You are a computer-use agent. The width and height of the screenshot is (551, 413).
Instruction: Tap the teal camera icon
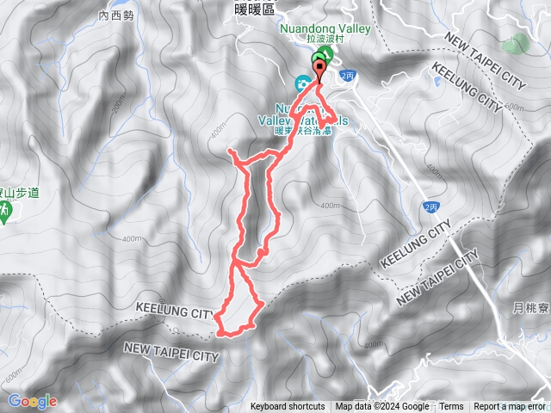303,83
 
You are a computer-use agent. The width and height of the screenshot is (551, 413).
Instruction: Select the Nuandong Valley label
325,28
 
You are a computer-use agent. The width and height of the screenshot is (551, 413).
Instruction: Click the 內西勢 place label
117,15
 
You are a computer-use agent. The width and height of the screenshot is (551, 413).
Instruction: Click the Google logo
32,401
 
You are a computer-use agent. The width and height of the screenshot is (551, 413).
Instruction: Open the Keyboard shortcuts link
288,407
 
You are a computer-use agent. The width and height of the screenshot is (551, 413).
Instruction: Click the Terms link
451,407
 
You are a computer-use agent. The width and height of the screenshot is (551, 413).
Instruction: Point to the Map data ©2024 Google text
381,407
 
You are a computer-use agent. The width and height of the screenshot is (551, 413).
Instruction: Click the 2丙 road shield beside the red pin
347,77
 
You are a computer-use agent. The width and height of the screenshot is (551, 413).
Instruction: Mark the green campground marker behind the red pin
322,59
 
